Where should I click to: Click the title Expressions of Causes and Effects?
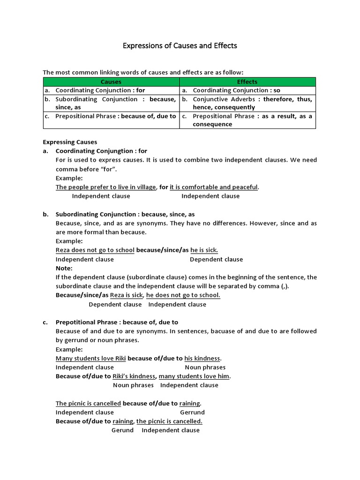point(180,46)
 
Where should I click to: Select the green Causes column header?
point(111,82)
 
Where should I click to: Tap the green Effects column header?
point(247,82)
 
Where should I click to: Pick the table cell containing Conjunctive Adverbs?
point(247,103)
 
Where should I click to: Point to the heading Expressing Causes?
point(70,142)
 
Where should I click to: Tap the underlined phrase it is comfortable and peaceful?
point(214,187)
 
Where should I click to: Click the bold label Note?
point(64,268)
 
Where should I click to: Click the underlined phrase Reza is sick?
point(127,295)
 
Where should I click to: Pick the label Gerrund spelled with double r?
point(192,412)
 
